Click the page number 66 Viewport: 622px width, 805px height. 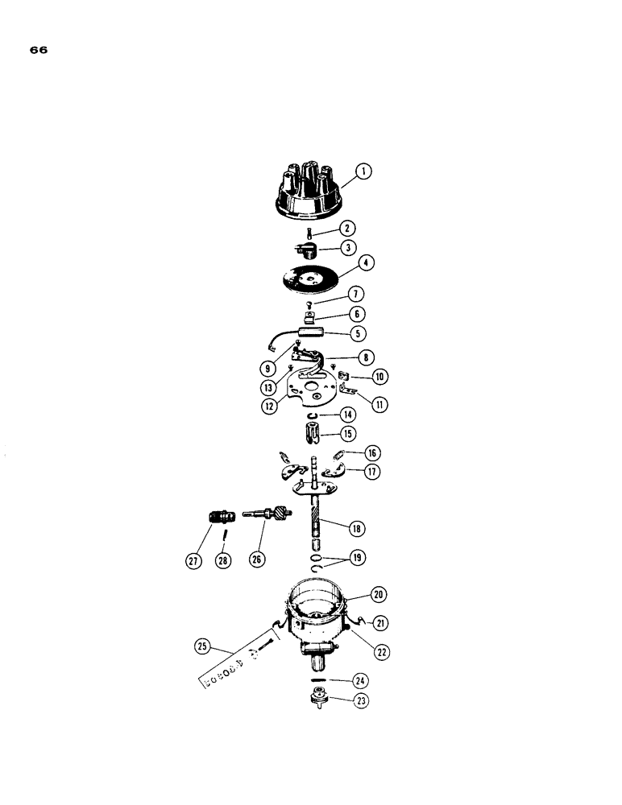click(39, 49)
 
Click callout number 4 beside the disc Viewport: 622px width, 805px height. click(368, 262)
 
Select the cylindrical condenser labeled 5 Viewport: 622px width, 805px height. click(312, 330)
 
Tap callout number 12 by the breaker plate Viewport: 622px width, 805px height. click(269, 407)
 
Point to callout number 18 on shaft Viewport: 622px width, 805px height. click(355, 528)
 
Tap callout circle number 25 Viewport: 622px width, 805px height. click(202, 646)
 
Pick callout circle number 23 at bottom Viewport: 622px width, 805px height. click(361, 700)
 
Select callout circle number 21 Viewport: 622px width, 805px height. click(379, 621)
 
